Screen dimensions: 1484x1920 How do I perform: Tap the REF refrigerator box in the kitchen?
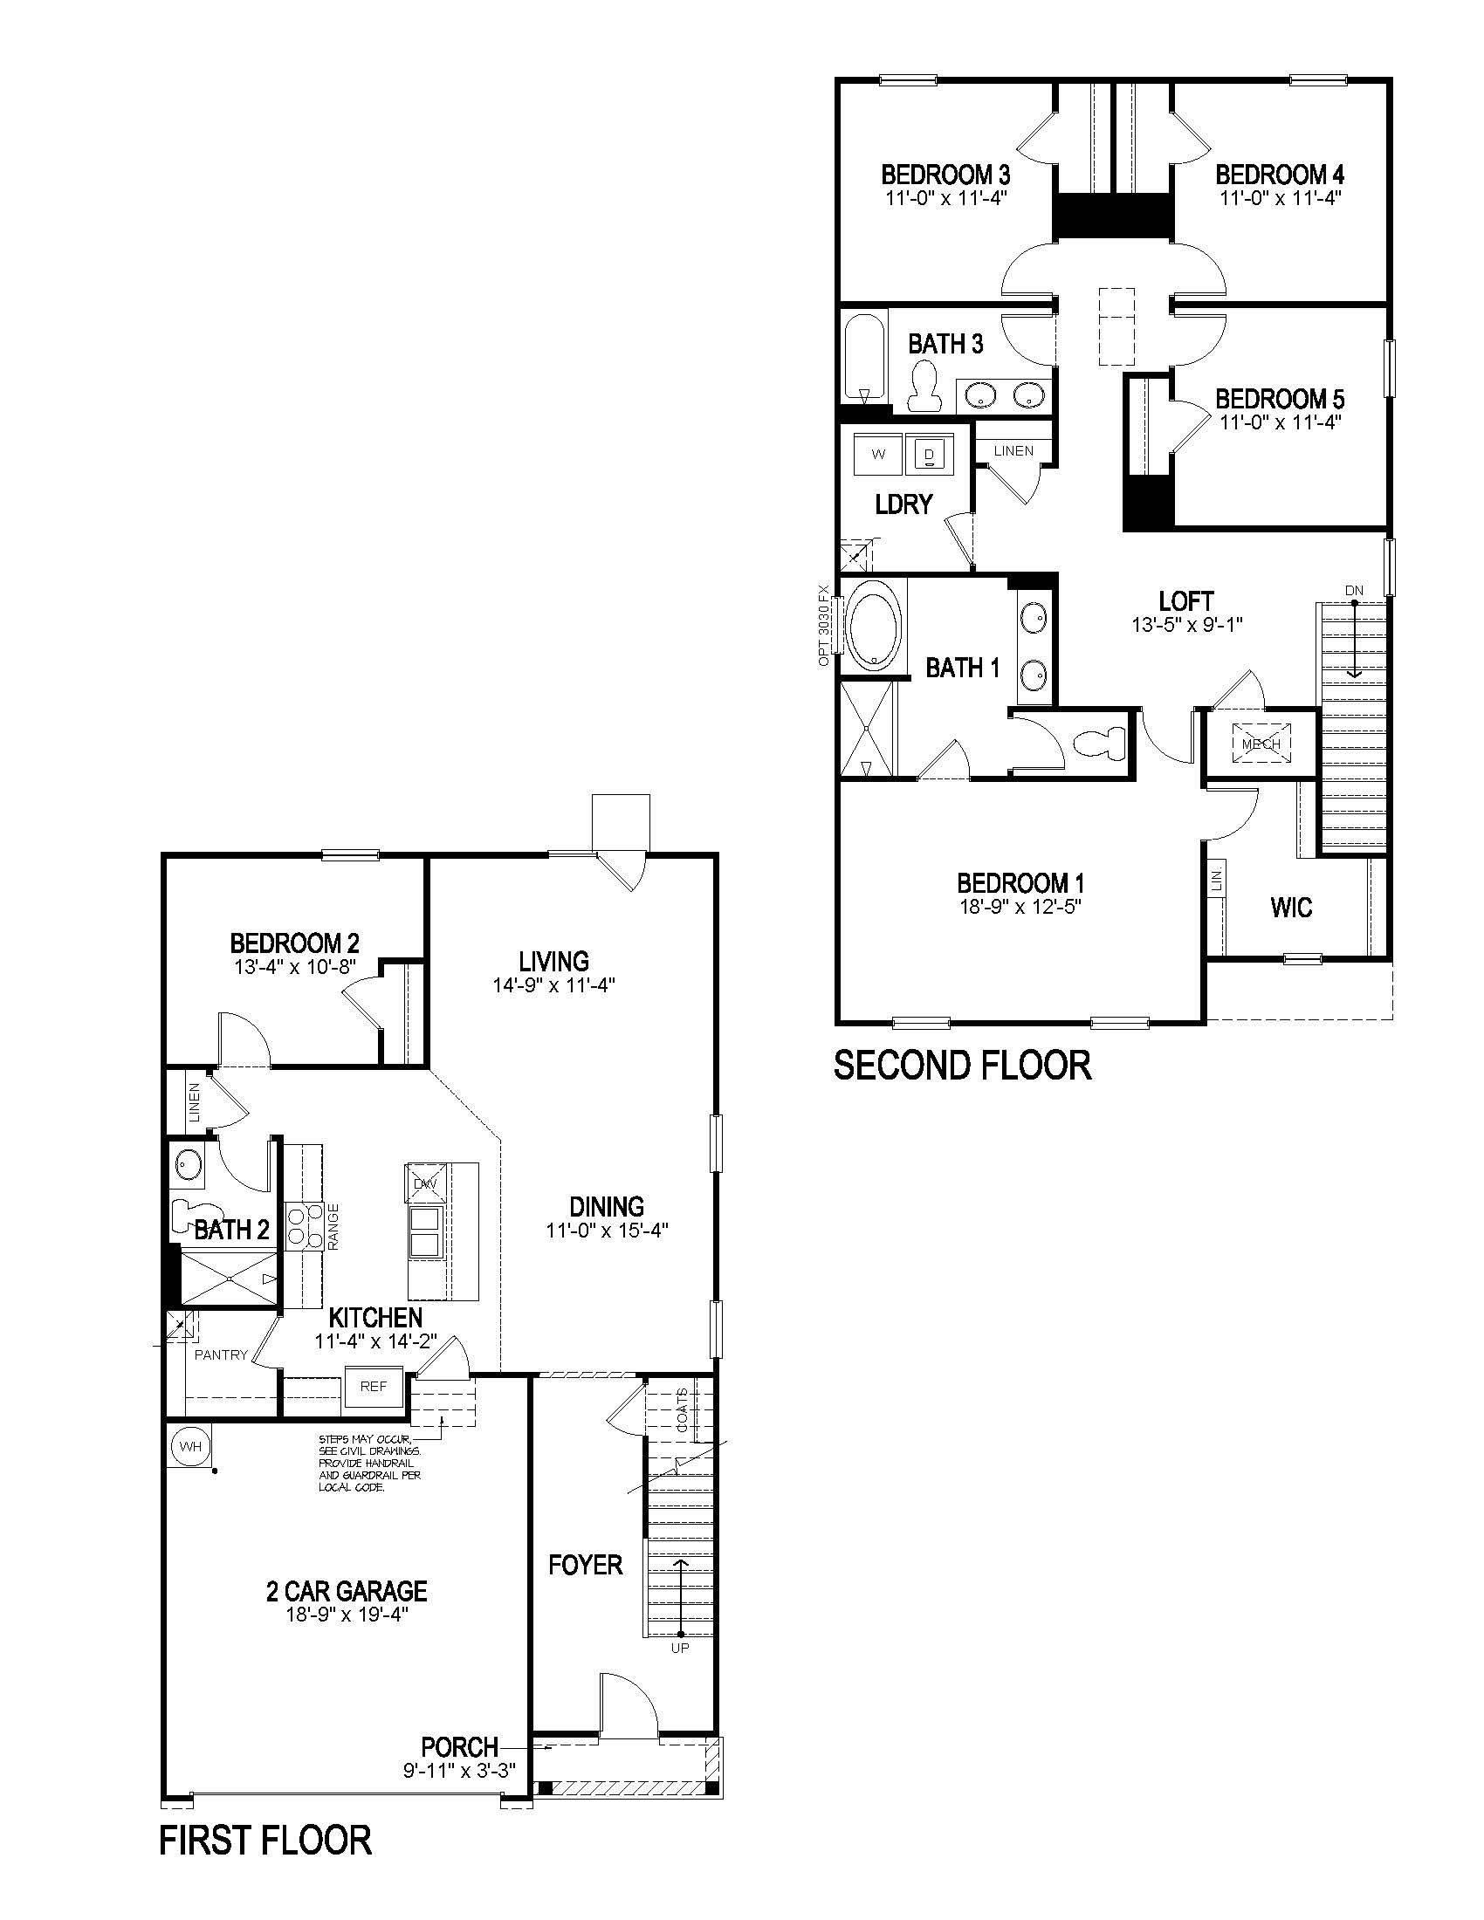point(374,1387)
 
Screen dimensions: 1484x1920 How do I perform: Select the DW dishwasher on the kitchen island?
point(424,1184)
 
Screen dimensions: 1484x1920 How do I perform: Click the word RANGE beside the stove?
point(333,1227)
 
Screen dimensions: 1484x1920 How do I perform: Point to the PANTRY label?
point(221,1354)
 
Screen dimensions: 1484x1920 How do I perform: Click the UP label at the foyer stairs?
point(681,1649)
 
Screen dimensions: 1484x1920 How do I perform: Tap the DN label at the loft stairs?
point(1354,590)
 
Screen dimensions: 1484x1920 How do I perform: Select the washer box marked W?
point(878,455)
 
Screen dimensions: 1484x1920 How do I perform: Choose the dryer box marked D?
point(929,455)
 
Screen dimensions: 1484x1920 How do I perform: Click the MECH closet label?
point(1261,744)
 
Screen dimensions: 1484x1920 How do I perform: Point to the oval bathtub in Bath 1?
point(872,629)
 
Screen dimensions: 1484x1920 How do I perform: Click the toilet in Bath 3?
point(924,387)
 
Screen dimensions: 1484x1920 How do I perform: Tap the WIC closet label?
point(1291,908)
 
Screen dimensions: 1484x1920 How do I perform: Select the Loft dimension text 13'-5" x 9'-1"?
point(1187,625)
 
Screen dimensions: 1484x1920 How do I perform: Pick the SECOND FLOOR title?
point(963,1066)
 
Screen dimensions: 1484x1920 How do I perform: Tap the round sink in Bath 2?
point(189,1166)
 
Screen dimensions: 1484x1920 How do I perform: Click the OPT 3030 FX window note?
point(824,625)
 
